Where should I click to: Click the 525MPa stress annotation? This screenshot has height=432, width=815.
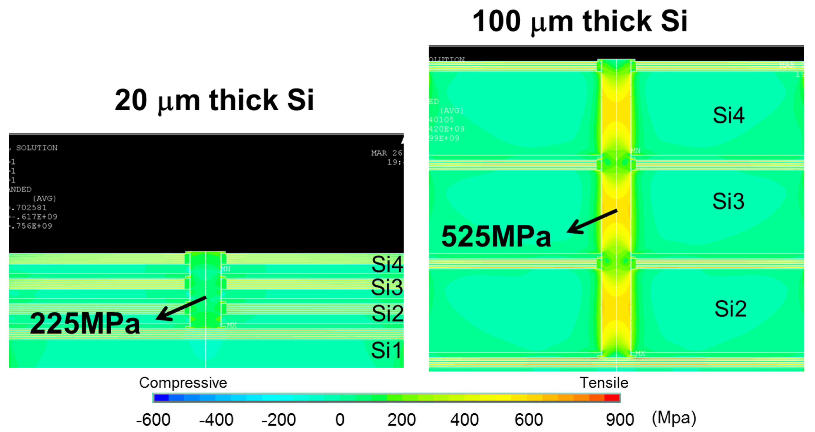496,237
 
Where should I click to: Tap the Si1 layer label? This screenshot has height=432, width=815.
386,350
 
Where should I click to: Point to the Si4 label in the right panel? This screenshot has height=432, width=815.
728,115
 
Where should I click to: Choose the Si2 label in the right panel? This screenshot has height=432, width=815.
730,309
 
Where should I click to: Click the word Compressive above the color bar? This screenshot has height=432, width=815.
183,383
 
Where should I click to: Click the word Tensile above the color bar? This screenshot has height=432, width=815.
604,383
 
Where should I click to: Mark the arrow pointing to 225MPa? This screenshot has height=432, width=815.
181,308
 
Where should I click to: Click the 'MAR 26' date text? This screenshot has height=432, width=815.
386,153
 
